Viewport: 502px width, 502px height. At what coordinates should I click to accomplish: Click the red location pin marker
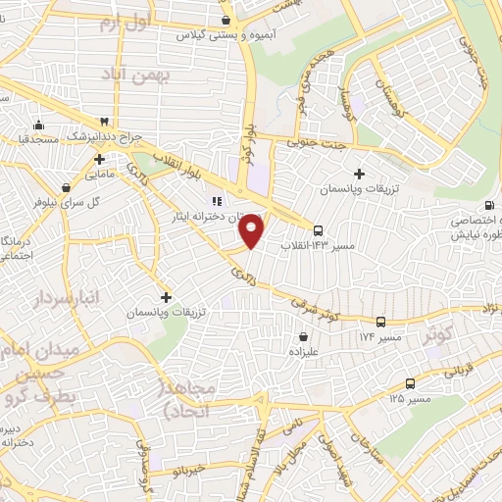click(x=252, y=229)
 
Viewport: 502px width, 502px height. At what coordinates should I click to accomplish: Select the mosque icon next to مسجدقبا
click(x=38, y=125)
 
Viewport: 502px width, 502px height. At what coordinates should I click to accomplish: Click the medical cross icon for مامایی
click(x=100, y=158)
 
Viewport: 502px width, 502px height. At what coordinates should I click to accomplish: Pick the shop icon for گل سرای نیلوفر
click(x=65, y=187)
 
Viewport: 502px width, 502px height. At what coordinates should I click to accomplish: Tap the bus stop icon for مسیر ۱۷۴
click(x=380, y=322)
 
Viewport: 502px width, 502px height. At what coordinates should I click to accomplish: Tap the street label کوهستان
click(x=401, y=45)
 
